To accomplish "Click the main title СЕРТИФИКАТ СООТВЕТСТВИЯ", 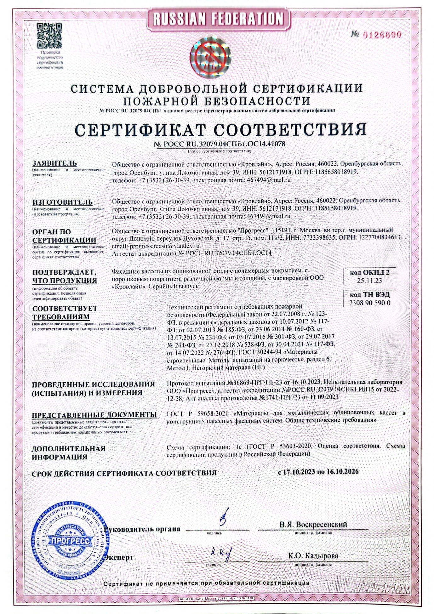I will tap(220, 129).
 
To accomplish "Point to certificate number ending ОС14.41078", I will tap(220, 144).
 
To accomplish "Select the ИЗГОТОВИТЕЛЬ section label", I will tap(62, 202).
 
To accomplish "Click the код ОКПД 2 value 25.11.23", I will tap(369, 281).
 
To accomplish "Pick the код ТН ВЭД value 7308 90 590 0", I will tap(370, 303).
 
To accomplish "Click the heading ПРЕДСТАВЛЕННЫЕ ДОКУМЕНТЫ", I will tap(94, 414).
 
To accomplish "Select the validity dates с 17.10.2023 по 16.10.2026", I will tap(318, 472).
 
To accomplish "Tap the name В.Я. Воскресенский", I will tap(313, 525).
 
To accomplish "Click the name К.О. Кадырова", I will tap(313, 556).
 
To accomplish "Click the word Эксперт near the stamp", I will tap(119, 558).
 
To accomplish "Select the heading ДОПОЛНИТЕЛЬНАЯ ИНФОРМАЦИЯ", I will tap(69, 452).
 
